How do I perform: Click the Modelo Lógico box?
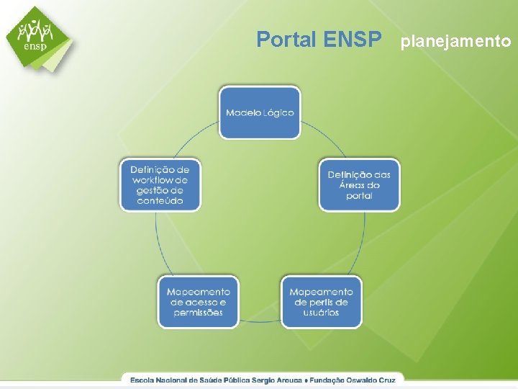tap(260, 112)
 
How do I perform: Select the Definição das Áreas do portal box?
tap(359, 185)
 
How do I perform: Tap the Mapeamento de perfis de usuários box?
tap(321, 302)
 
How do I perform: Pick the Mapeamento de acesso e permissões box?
tap(199, 302)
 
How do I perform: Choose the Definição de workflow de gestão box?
tap(160, 185)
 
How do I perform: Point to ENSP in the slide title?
tap(353, 40)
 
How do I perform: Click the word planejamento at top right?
tap(456, 41)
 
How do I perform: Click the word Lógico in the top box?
tap(278, 113)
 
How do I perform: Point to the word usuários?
tap(321, 313)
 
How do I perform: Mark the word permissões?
tap(199, 313)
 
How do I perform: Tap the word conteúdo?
tap(160, 201)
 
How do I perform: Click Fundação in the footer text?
tap(329, 378)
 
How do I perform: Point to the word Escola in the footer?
tap(142, 378)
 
